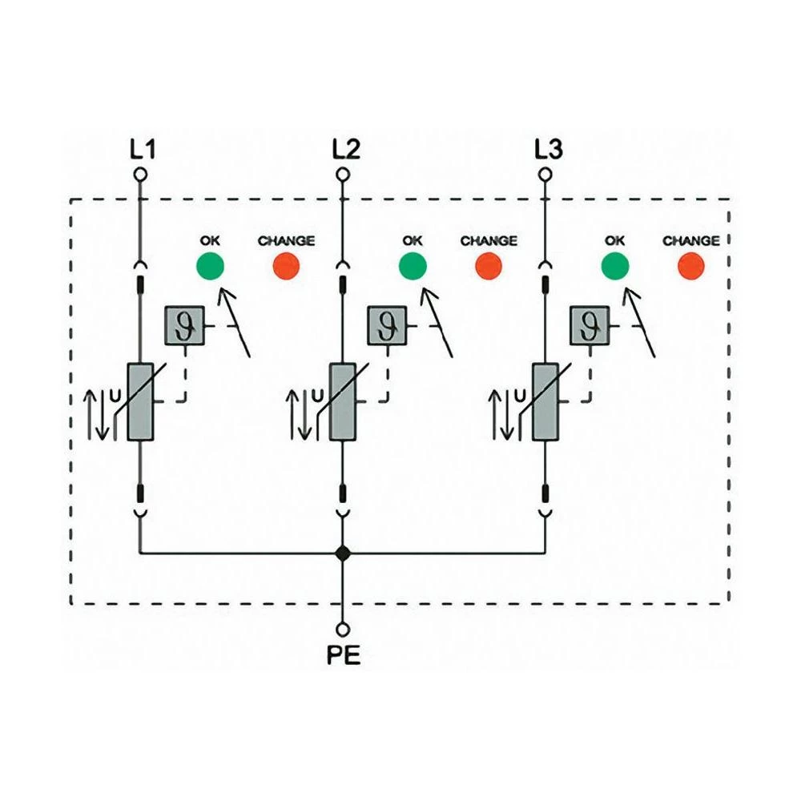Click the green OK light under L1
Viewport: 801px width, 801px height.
[x=210, y=265]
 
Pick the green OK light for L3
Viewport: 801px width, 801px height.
[x=615, y=265]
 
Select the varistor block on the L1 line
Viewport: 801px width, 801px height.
[x=140, y=401]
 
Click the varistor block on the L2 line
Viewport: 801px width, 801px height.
[x=343, y=401]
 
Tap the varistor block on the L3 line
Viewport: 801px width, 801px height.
[x=545, y=401]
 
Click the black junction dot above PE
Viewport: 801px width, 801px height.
[x=343, y=553]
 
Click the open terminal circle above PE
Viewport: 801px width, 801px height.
[x=343, y=629]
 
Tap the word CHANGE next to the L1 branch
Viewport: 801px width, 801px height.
[x=286, y=240]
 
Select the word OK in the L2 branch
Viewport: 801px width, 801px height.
[x=413, y=240]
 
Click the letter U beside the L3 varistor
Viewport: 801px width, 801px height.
[x=521, y=394]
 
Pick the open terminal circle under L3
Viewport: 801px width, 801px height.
[x=545, y=174]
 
